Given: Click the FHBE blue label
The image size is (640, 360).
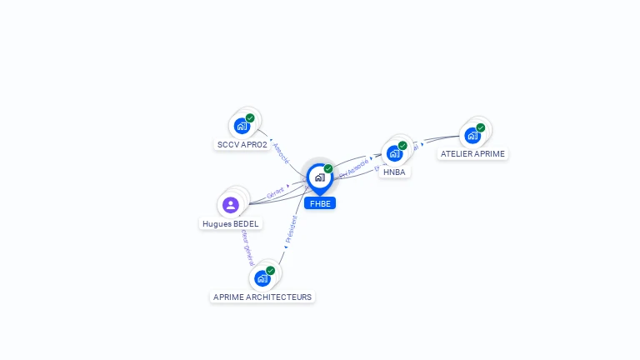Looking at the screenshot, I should [320, 203].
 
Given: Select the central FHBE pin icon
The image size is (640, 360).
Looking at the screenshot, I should [319, 177].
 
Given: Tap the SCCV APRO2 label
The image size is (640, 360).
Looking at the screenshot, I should [242, 144].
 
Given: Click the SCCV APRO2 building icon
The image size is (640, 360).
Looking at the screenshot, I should [242, 126].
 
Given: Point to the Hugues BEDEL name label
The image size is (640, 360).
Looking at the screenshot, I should [230, 223].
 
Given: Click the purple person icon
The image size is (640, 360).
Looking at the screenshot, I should [231, 205].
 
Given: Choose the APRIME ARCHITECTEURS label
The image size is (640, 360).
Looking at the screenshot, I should [262, 297].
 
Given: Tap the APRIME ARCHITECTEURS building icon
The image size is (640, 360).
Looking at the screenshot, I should [262, 277].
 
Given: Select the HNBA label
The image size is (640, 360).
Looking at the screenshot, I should [394, 172].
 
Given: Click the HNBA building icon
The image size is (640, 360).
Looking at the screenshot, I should [394, 153].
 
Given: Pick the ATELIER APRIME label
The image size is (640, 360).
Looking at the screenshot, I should [472, 154].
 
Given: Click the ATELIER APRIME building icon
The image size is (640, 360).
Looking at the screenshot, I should [472, 135].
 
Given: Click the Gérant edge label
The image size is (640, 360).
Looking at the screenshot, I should [275, 192].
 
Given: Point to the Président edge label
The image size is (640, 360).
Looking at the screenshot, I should [291, 231].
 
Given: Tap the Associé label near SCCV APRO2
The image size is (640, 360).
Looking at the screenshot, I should [281, 151].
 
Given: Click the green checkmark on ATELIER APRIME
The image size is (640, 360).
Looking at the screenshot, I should [481, 127].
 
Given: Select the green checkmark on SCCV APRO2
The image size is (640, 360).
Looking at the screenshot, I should [250, 118].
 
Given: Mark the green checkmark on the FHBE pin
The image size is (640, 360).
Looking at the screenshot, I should [328, 169].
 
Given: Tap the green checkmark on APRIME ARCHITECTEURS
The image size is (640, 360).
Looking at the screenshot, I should [271, 270].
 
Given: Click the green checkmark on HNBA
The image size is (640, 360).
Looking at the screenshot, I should [402, 146].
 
